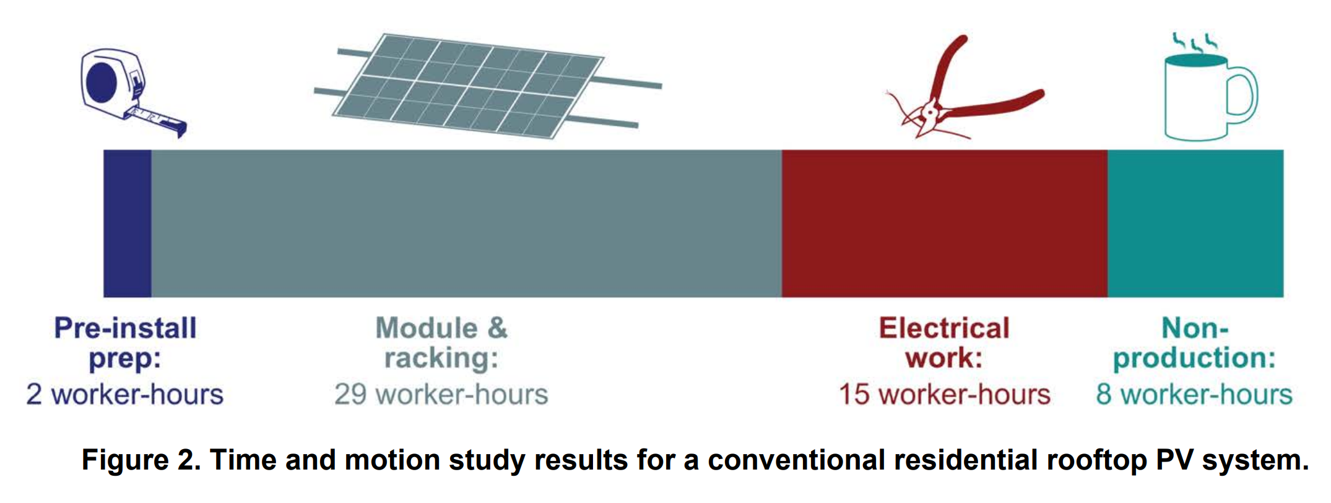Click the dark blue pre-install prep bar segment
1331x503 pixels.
[x=128, y=223]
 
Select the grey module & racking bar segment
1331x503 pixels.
[x=467, y=223]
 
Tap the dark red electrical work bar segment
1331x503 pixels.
[x=945, y=223]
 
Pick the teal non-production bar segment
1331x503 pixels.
[x=1195, y=223]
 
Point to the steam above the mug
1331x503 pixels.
[x=1195, y=42]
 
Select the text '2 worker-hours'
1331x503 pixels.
[x=125, y=395]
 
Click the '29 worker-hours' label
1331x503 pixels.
[x=441, y=395]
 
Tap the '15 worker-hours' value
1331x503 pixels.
[x=945, y=395]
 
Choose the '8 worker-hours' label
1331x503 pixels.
[x=1194, y=395]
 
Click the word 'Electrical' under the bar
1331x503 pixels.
[x=944, y=328]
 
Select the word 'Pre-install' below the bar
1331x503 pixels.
[x=126, y=328]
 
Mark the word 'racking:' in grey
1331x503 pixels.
[x=441, y=359]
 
